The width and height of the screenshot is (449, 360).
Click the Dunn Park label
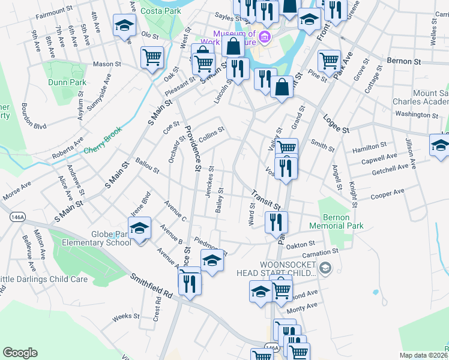point(66,82)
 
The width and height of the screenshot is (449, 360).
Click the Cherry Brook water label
point(103,140)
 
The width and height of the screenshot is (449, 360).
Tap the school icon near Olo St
point(124,26)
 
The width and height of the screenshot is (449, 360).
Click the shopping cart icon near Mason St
point(152,58)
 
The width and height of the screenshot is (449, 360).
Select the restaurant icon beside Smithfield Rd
point(190,281)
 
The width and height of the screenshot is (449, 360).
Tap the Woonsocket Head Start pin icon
point(325,267)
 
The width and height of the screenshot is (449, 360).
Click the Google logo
point(20,353)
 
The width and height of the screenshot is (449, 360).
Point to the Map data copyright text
point(424,355)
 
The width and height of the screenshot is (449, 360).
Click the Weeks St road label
point(126,316)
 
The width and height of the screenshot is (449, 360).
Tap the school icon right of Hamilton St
point(440,145)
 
